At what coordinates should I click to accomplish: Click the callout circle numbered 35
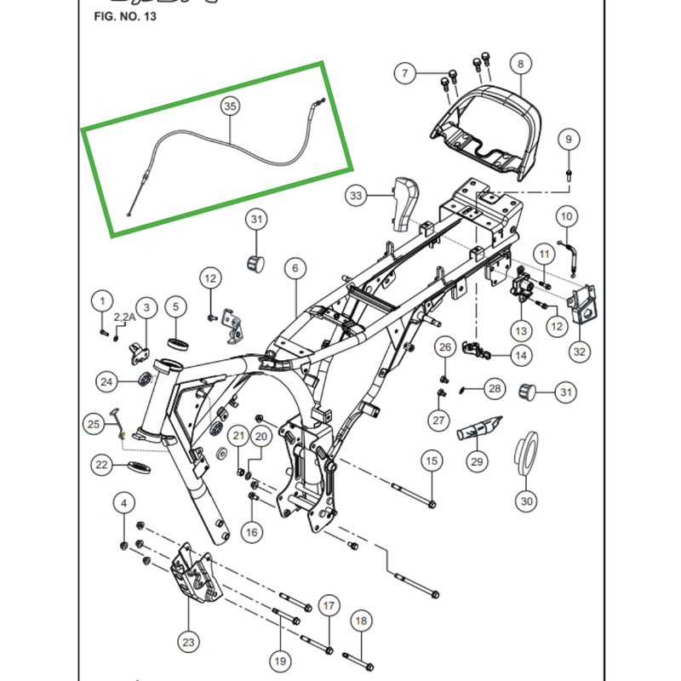point(230,106)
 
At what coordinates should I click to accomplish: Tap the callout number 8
point(520,63)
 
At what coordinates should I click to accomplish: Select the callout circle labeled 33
point(356,196)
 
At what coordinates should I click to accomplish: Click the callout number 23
point(188,641)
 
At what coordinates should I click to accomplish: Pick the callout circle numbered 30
point(527,501)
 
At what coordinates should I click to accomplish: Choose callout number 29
point(477,462)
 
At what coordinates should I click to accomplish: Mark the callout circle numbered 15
point(432,461)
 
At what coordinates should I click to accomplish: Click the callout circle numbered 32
point(580,351)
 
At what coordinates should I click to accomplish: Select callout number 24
point(106,382)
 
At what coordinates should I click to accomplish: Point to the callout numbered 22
point(102,465)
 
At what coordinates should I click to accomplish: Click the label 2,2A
point(124,318)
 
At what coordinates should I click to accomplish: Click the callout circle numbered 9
point(568,139)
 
